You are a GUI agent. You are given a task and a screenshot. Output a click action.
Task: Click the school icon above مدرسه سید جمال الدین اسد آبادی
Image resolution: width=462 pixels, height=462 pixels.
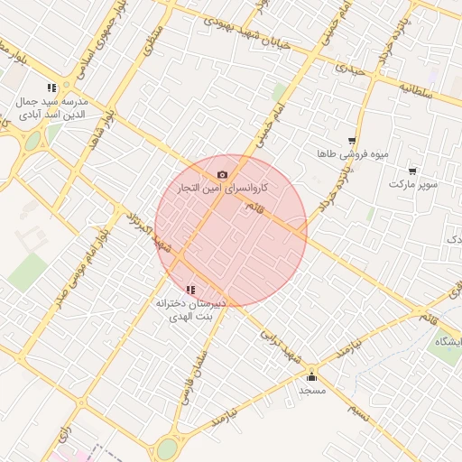[x=51, y=88]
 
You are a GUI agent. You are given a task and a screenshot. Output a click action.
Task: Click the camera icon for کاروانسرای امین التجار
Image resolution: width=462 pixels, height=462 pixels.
[x=222, y=174]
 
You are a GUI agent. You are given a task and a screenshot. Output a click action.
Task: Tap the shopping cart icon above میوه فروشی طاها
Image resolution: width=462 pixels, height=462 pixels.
[x=352, y=141]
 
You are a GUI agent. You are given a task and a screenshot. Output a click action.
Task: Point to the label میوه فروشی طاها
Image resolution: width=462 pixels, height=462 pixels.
[x=352, y=154]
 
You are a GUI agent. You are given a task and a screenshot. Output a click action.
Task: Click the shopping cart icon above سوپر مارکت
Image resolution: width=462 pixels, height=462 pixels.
[x=412, y=171]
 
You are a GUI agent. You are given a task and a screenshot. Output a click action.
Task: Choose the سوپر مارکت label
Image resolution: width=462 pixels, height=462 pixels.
[x=412, y=184]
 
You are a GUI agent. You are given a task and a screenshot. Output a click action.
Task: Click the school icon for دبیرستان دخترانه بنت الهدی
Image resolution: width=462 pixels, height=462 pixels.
[x=189, y=290]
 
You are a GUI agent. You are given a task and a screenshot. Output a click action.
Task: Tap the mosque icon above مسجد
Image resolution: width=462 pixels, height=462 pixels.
[x=312, y=376]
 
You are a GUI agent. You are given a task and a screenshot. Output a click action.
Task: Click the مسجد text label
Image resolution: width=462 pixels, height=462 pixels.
[x=312, y=391]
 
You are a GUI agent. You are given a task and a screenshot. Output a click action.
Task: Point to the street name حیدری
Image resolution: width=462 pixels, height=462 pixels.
[x=348, y=66]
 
